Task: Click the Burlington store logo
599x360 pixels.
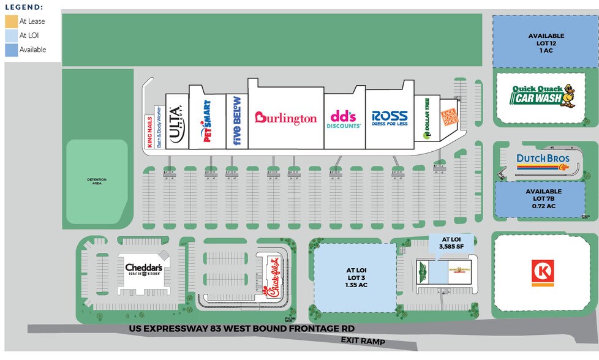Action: pos(286,118)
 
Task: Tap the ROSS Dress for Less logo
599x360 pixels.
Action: pos(390,117)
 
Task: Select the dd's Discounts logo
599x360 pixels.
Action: pos(345,118)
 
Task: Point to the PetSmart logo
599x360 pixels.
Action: pos(206,121)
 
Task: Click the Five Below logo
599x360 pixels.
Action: pos(237,121)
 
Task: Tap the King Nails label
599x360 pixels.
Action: pos(149,132)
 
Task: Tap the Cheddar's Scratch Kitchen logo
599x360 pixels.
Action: pos(143,269)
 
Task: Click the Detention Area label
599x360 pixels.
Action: pos(96,181)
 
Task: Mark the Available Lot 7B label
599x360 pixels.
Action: pos(546,199)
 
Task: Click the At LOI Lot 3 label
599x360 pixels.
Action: pos(355,276)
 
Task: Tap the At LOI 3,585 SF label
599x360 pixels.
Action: pos(450,242)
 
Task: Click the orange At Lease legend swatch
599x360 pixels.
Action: pos(11,21)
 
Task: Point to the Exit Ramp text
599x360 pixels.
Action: pos(364,341)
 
